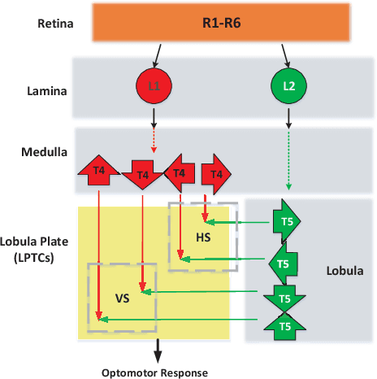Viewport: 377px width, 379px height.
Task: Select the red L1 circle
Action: [154, 85]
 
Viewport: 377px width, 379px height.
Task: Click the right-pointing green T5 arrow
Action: [286, 220]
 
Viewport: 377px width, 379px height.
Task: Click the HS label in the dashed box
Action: [204, 237]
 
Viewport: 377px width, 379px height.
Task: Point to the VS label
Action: [123, 298]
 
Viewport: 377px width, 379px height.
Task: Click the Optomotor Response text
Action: [154, 372]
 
